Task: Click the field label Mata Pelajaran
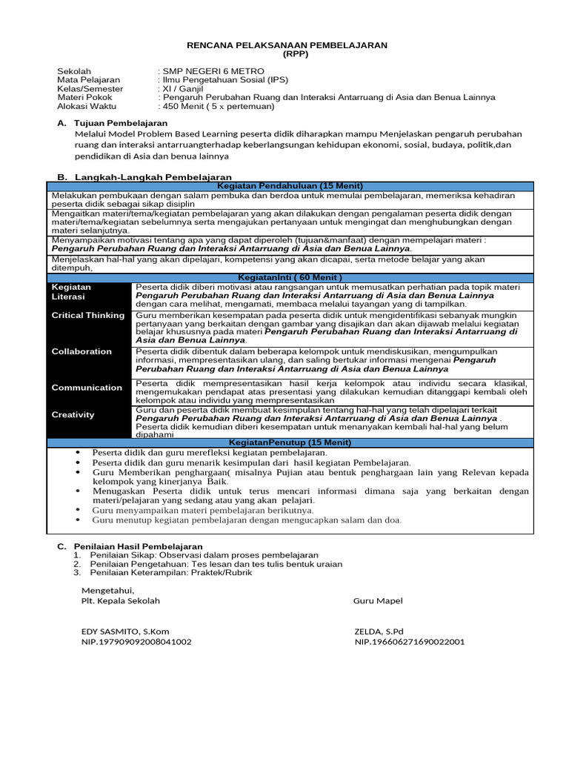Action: (x=88, y=79)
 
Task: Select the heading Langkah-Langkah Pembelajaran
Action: (x=153, y=177)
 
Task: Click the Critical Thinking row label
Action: (x=88, y=315)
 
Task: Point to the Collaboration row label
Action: (x=81, y=351)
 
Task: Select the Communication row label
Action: (x=87, y=387)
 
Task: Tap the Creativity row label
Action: (x=73, y=414)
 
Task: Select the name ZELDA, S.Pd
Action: (x=380, y=631)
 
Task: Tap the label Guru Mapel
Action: (x=378, y=600)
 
